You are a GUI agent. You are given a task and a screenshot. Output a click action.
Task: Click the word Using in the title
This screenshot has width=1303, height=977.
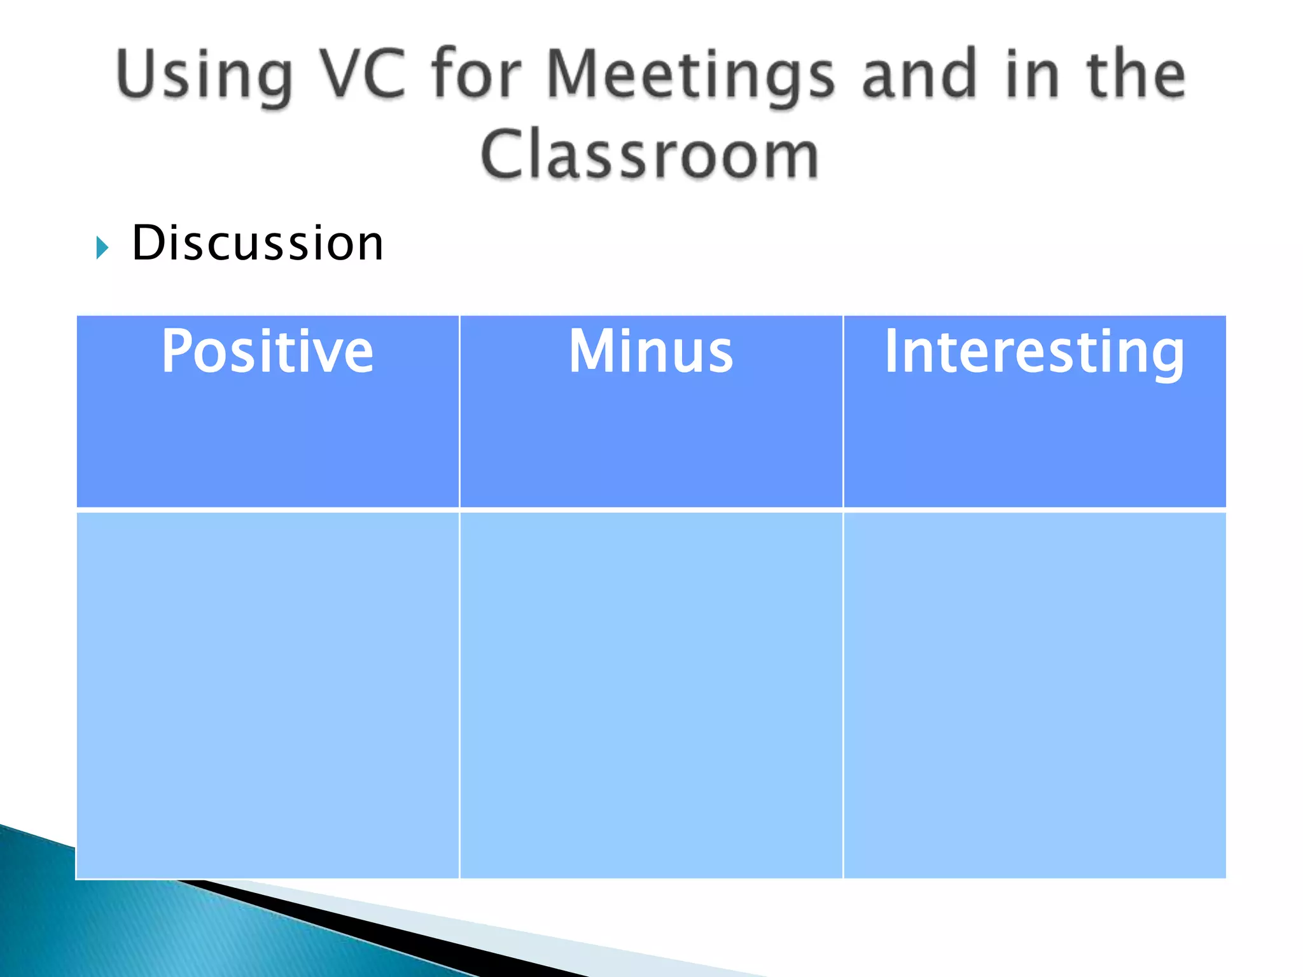pyautogui.click(x=204, y=76)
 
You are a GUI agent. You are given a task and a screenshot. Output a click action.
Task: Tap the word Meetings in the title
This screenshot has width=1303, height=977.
pyautogui.click(x=690, y=76)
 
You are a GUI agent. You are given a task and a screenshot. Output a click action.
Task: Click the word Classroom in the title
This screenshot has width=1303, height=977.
pyautogui.click(x=650, y=154)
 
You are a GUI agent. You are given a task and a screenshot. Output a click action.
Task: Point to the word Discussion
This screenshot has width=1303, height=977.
pyautogui.click(x=258, y=243)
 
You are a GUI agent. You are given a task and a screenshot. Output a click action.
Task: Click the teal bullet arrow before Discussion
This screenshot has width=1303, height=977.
pyautogui.click(x=102, y=247)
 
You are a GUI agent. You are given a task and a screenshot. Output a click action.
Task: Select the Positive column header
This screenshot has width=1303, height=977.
pyautogui.click(x=267, y=351)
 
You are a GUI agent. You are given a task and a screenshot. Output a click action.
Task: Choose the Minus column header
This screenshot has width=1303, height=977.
pyautogui.click(x=651, y=351)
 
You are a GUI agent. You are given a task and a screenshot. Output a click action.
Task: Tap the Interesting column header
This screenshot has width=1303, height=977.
pyautogui.click(x=1035, y=351)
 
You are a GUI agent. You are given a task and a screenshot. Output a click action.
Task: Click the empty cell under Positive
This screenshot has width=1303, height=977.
pyautogui.click(x=267, y=695)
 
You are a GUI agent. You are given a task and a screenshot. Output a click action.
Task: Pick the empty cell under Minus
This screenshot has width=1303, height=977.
pyautogui.click(x=651, y=695)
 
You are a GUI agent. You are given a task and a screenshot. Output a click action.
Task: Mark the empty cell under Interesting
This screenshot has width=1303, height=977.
pyautogui.click(x=1035, y=695)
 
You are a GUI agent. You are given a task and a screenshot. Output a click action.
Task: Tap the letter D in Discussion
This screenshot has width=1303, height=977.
pyautogui.click(x=150, y=243)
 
